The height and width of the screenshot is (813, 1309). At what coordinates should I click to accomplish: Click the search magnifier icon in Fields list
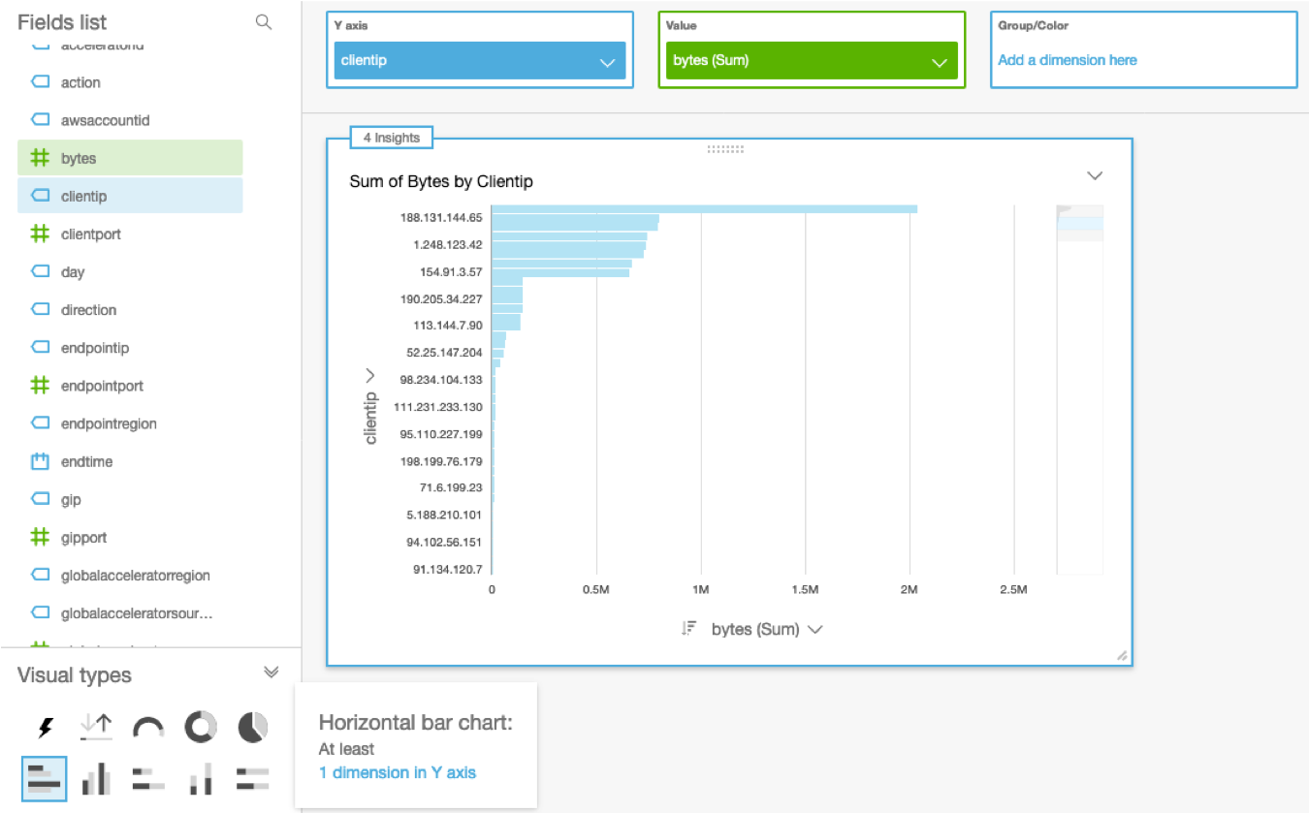coord(263,22)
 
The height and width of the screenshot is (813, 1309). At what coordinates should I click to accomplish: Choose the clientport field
coord(90,234)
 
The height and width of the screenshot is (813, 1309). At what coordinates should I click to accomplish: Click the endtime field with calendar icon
coord(86,461)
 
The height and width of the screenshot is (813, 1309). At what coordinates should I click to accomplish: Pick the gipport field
coord(83,537)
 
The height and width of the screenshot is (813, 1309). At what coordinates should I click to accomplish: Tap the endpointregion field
coord(108,423)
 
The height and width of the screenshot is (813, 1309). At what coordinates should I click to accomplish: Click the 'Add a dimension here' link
coord(1067,60)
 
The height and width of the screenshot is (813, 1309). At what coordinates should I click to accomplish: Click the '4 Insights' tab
coord(391,138)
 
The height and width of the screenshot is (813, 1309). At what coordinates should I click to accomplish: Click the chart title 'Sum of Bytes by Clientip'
coord(440,181)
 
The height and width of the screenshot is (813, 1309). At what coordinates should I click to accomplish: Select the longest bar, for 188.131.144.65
coord(704,208)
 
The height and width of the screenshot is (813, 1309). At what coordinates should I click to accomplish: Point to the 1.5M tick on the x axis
coord(805,589)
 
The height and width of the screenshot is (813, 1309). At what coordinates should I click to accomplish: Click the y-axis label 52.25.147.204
coord(444,353)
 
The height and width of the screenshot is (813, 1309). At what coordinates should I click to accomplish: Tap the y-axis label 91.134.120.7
coord(447,569)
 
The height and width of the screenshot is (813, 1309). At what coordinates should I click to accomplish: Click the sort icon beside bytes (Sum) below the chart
coord(688,629)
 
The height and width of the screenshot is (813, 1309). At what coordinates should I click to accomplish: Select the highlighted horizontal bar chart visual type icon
coord(44,778)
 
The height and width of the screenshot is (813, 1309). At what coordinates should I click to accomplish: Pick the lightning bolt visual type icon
coord(45,727)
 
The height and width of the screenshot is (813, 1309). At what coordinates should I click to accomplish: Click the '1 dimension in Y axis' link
coord(397,772)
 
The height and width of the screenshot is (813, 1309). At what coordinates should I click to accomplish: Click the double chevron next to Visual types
coord(271,672)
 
